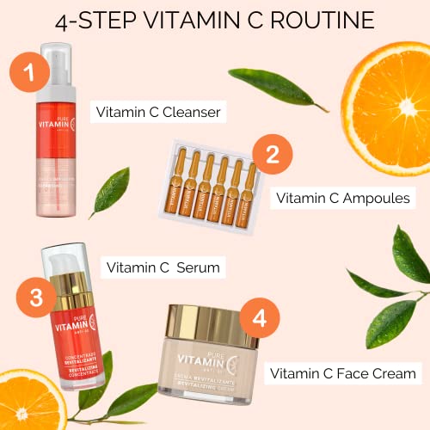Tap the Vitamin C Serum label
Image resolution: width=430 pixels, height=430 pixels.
click(x=161, y=267)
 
